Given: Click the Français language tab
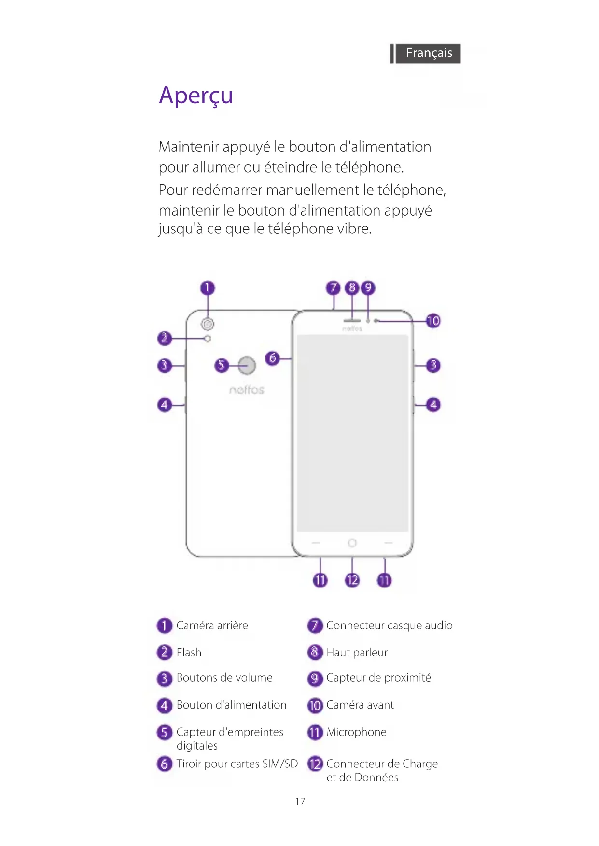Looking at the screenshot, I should pyautogui.click(x=428, y=53).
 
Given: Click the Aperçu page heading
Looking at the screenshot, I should pyautogui.click(x=196, y=96).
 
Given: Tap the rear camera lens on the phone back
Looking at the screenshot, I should pyautogui.click(x=208, y=324).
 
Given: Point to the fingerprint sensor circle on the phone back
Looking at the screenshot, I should pyautogui.click(x=247, y=366).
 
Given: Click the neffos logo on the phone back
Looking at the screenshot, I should pyautogui.click(x=247, y=390).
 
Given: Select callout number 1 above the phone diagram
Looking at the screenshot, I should pyautogui.click(x=208, y=288).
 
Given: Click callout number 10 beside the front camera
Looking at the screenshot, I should pyautogui.click(x=433, y=321).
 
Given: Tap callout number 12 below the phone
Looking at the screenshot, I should pyautogui.click(x=352, y=580).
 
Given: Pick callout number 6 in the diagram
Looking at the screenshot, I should pyautogui.click(x=273, y=358).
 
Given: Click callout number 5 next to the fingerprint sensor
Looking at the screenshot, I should pyautogui.click(x=221, y=365).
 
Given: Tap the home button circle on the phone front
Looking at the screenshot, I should pyautogui.click(x=352, y=543).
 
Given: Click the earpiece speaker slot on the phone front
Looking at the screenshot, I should pyautogui.click(x=352, y=320).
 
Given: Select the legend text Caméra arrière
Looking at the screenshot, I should pyautogui.click(x=212, y=626).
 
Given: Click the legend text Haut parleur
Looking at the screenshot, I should pyautogui.click(x=357, y=653).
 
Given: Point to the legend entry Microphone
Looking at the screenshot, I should pyautogui.click(x=356, y=732).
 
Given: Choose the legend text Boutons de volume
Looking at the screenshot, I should pyautogui.click(x=224, y=678).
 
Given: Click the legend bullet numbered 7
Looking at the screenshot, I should pyautogui.click(x=315, y=626).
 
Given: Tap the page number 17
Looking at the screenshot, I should pyautogui.click(x=300, y=802).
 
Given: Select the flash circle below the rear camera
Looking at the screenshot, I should pyautogui.click(x=208, y=339).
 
